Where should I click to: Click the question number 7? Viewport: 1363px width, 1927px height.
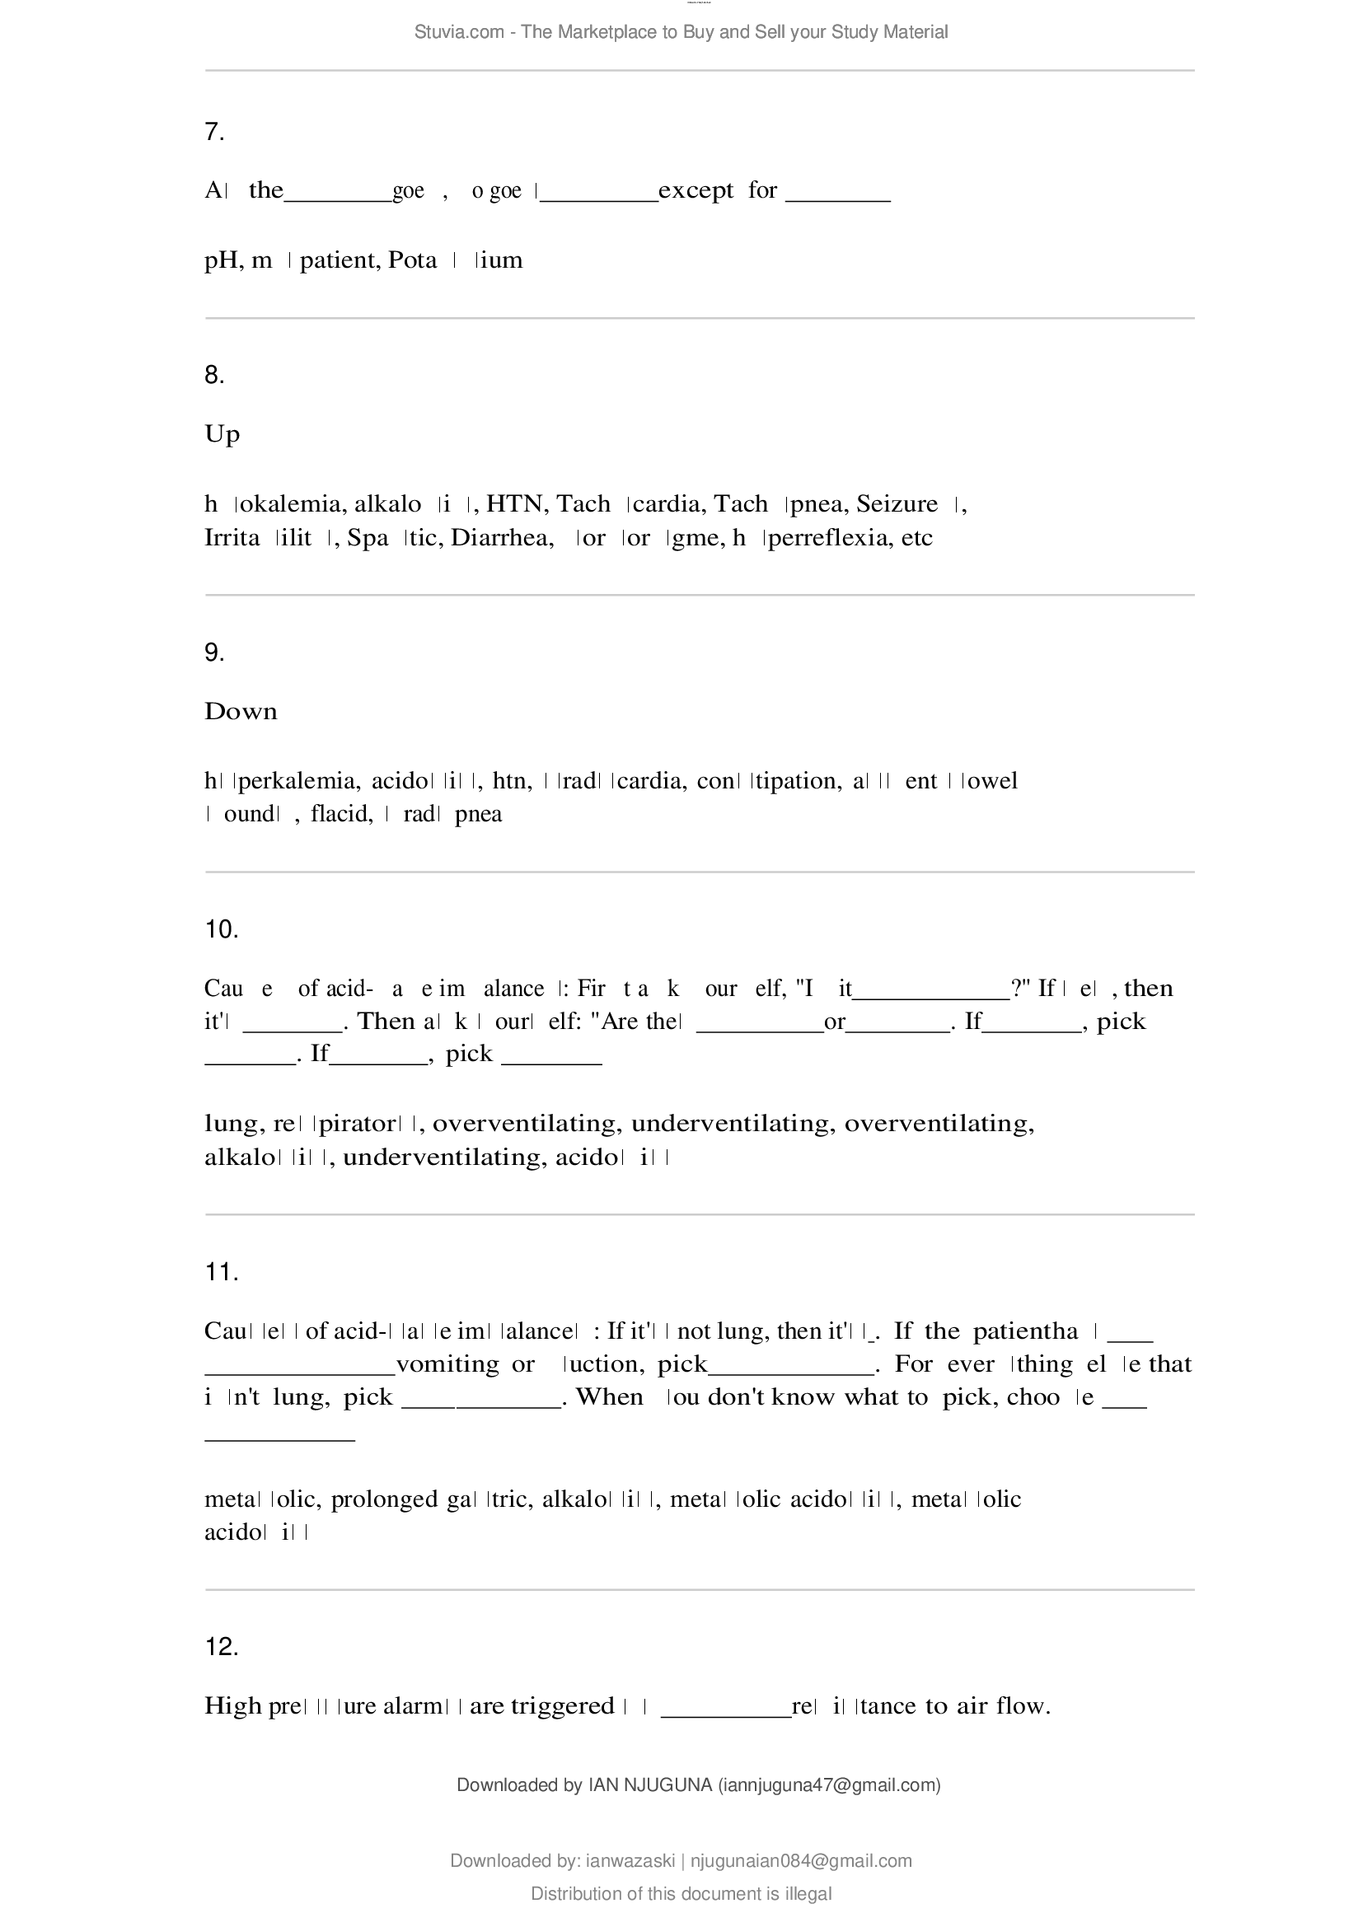tap(214, 132)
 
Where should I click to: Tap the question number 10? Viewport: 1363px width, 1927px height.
tap(222, 929)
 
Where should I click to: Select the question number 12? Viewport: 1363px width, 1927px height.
tap(222, 1647)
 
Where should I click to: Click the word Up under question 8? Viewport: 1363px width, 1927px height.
tap(222, 435)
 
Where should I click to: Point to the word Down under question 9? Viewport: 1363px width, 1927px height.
tap(241, 712)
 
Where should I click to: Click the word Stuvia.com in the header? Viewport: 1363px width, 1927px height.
tap(459, 32)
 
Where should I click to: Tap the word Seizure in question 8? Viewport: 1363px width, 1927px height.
tap(897, 503)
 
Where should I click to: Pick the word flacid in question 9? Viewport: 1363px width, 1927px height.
tap(342, 814)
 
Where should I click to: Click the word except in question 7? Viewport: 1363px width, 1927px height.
tap(696, 191)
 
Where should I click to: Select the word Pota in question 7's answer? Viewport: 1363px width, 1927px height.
tap(412, 260)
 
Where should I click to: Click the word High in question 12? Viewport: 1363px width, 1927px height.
tap(232, 1705)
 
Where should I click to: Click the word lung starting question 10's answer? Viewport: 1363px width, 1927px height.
tap(231, 1124)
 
